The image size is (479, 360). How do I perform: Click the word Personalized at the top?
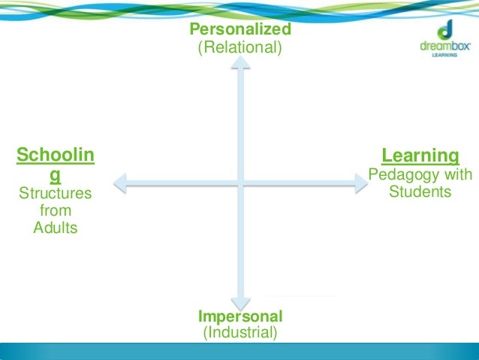tap(239, 29)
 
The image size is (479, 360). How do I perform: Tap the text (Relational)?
tap(239, 48)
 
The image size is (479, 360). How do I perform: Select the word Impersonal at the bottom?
tap(240, 316)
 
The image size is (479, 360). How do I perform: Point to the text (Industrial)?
tap(240, 332)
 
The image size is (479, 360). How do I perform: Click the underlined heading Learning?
tap(420, 156)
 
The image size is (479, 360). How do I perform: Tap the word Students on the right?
tap(420, 192)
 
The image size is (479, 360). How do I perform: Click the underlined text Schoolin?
tap(56, 156)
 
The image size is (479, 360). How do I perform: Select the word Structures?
tap(56, 194)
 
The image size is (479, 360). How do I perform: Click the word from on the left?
tap(56, 210)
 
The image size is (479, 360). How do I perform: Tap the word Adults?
tap(56, 228)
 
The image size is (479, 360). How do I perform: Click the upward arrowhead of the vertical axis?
tap(240, 65)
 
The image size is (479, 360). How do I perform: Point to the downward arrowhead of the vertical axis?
tap(240, 298)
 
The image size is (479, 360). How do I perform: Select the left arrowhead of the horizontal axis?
tap(119, 181)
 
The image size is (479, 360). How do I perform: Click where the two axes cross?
tap(240, 181)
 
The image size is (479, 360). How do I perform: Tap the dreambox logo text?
tap(445, 45)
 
